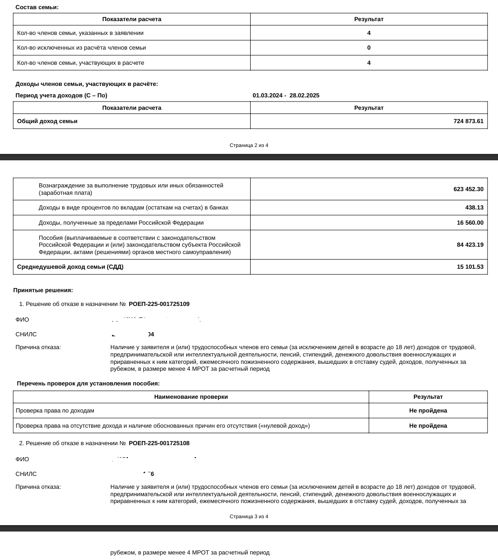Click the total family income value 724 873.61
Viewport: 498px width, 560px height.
coord(468,121)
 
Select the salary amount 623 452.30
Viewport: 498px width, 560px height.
coord(468,189)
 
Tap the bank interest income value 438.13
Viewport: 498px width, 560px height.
coord(474,208)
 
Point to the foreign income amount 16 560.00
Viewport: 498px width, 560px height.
coord(470,223)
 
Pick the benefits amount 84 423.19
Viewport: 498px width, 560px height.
coord(470,245)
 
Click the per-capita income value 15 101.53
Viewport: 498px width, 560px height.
coord(470,267)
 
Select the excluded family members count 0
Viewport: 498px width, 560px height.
coord(369,48)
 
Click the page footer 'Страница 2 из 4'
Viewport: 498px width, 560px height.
coord(249,146)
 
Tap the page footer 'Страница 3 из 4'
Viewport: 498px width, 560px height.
coord(249,517)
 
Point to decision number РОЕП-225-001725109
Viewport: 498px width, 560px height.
coord(159,304)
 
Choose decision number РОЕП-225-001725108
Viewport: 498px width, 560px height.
coord(159,443)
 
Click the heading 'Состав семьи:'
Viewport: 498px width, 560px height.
coord(37,7)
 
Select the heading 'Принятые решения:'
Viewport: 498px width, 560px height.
coord(43,290)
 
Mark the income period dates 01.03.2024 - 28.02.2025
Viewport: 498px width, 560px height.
coord(286,96)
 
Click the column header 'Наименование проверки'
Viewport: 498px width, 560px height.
coord(191,397)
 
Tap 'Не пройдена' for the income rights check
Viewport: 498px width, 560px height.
coord(428,411)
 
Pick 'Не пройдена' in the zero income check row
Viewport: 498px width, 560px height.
coord(428,426)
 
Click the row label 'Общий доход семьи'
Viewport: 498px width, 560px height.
coord(47,121)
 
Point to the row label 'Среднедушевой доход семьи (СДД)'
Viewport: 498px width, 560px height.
coord(70,267)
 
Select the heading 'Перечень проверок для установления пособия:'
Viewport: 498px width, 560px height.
coord(88,384)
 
